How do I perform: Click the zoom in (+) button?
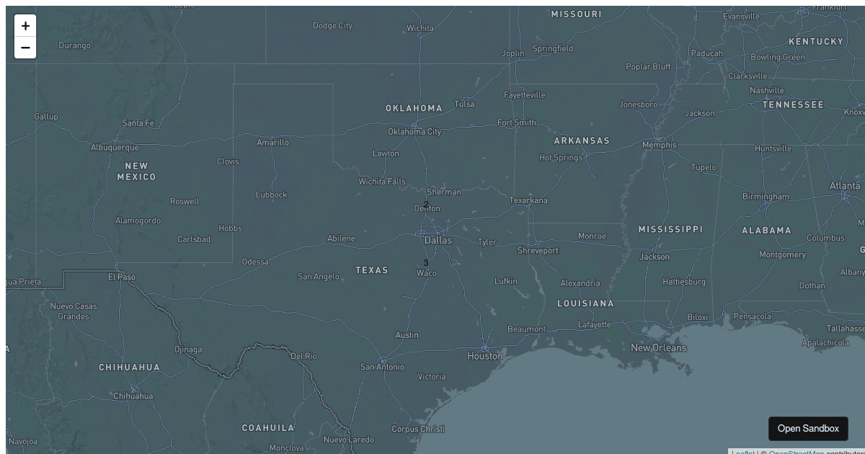point(25,26)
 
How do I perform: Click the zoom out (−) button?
point(25,48)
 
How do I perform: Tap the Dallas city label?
point(438,240)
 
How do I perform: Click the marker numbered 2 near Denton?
point(426,205)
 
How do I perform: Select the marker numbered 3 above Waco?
point(426,263)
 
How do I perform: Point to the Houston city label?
point(485,356)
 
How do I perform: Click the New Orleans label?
point(658,348)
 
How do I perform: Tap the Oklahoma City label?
point(414,132)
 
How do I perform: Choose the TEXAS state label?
point(372,270)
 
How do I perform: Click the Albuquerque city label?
point(115,148)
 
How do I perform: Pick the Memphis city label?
point(660,145)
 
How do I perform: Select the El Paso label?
point(122,277)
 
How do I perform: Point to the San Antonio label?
point(382,367)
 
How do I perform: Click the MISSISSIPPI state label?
point(670,229)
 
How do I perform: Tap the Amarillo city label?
point(272,143)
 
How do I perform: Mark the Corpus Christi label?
point(418,429)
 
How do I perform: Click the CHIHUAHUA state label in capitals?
point(130,368)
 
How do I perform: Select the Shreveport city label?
point(538,251)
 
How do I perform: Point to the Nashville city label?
point(767,91)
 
